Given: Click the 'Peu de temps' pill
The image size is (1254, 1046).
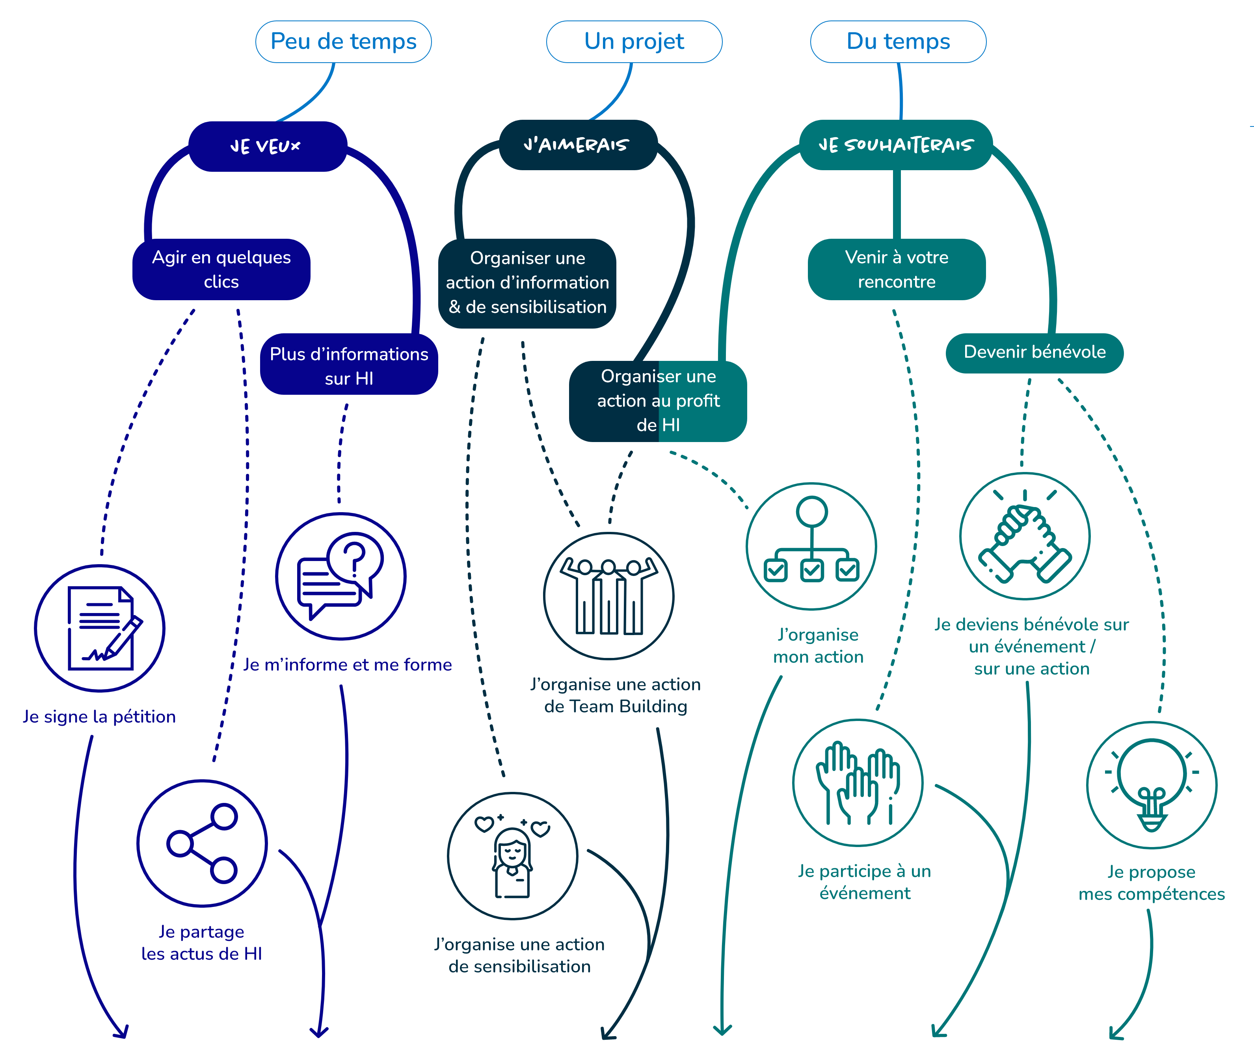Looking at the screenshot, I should pos(343,42).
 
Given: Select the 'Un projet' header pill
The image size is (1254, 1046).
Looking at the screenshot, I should pos(634,42).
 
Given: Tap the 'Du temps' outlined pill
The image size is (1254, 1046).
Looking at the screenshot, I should pos(898,42).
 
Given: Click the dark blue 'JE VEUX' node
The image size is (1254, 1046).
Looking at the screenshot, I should pos(268,146).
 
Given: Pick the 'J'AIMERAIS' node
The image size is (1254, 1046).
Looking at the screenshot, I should pos(577,145).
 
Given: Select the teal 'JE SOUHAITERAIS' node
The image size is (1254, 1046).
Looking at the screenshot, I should pos(896,145).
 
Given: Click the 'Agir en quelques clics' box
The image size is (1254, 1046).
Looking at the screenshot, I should pos(221,269).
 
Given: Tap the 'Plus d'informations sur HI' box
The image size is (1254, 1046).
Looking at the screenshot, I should pos(349,364).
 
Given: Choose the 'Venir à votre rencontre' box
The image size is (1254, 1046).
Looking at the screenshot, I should pos(896,269).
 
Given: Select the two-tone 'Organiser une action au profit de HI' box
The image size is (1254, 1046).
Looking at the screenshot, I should pos(658,401).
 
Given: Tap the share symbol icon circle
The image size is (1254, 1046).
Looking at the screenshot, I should pos(202,843).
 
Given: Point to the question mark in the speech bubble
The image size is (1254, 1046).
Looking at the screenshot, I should pos(355,558).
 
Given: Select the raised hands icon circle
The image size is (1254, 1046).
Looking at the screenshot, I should pos(858,783).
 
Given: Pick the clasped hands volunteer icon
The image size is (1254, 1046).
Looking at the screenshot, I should pos(1025,537).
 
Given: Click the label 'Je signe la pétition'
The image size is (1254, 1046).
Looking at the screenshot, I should pos(99,716).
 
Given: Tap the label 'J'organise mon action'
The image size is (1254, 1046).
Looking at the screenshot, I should pos(818,646).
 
